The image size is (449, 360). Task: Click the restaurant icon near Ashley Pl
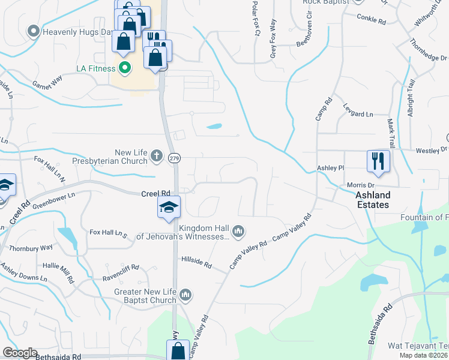[378, 161]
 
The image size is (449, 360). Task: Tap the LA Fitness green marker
[125, 68]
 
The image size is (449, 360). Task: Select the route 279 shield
[174, 158]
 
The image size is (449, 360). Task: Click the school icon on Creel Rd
[169, 208]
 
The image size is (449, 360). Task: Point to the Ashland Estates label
[372, 200]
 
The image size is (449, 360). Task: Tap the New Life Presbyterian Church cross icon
[157, 156]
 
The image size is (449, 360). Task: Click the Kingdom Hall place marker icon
[238, 231]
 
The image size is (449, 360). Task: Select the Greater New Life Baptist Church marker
[186, 294]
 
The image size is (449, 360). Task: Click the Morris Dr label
[360, 185]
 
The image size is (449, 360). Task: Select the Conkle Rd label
[370, 20]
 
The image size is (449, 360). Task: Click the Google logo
[20, 353]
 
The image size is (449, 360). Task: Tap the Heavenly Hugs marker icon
[34, 30]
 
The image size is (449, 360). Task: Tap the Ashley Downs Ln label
[24, 272]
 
